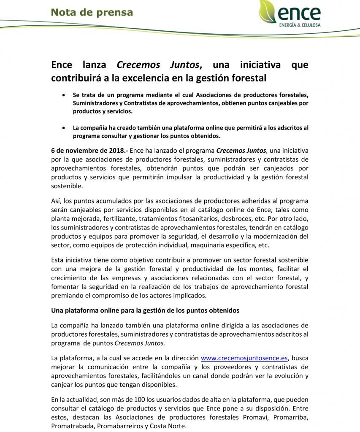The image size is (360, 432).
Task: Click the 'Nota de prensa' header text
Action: [92, 12]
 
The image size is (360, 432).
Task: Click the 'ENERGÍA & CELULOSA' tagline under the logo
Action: [300, 25]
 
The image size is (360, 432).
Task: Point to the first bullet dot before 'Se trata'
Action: [64, 94]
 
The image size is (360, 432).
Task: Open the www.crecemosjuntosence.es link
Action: [244, 358]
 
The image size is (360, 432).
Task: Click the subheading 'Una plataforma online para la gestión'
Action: [145, 310]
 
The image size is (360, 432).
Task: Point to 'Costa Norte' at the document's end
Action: [169, 426]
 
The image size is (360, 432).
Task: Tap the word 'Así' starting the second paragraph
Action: [57, 201]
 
